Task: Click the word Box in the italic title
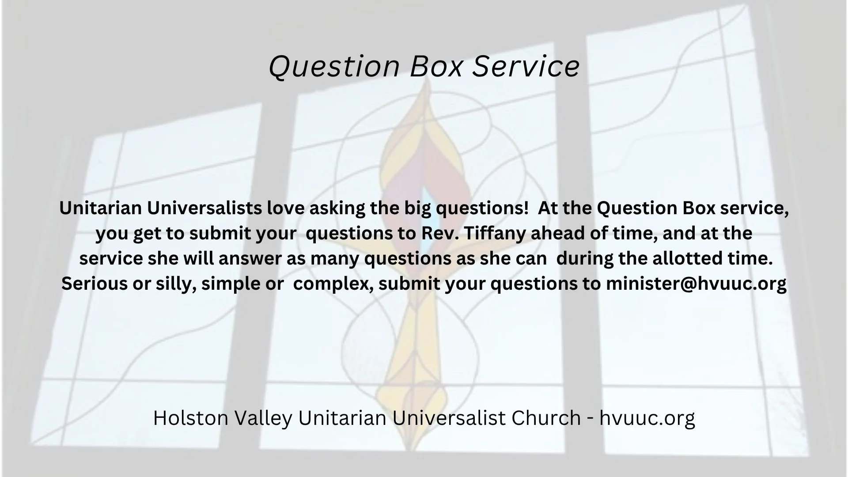tap(437, 66)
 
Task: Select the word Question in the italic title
tap(334, 66)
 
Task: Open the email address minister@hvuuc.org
tap(696, 284)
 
